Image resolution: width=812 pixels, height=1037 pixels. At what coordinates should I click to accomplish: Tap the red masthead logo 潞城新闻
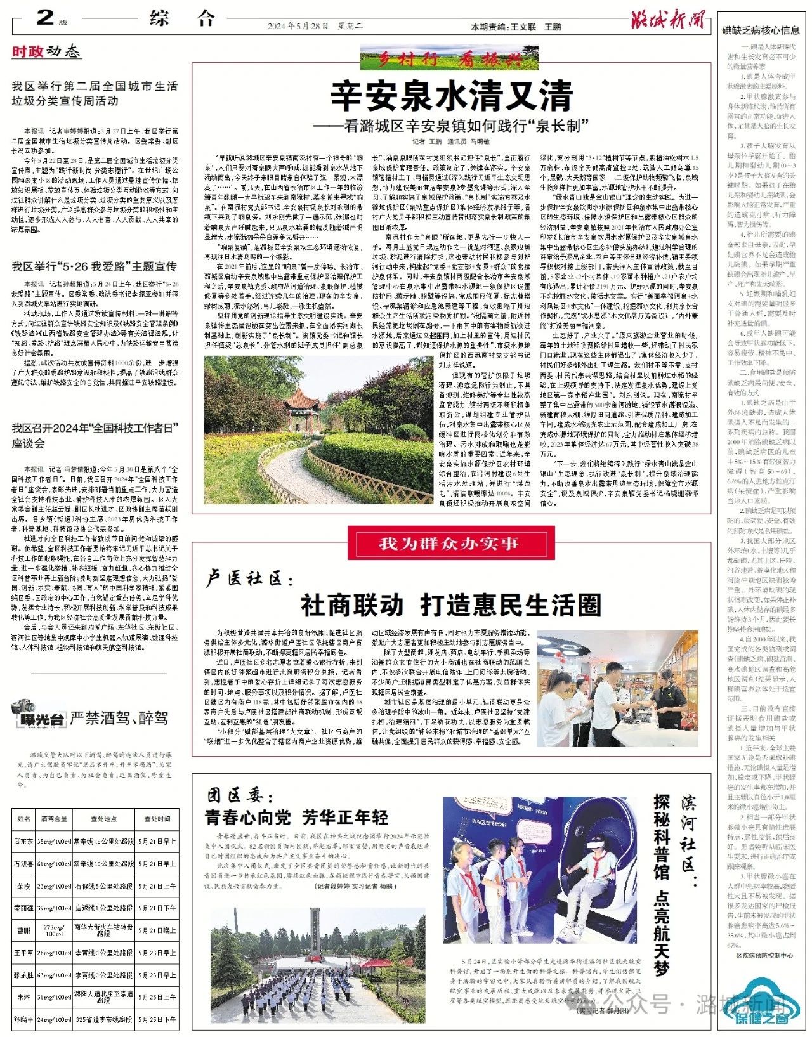point(668,21)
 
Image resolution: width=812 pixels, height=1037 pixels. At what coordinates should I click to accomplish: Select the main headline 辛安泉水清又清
point(451,96)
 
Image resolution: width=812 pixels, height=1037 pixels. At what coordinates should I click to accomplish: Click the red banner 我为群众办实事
point(449,544)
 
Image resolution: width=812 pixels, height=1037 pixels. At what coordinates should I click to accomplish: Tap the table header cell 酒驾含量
point(54,819)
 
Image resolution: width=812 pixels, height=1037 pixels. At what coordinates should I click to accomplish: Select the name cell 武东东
point(23,842)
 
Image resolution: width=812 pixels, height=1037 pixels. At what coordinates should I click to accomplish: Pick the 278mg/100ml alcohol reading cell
point(54,930)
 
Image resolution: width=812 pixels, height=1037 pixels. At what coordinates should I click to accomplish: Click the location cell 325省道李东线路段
point(103,1019)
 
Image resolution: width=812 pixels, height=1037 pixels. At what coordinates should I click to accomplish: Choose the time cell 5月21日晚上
point(157,930)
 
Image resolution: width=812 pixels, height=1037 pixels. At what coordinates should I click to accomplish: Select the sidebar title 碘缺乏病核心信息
point(761,30)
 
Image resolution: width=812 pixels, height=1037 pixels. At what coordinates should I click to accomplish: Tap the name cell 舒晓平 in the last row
point(23,1019)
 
